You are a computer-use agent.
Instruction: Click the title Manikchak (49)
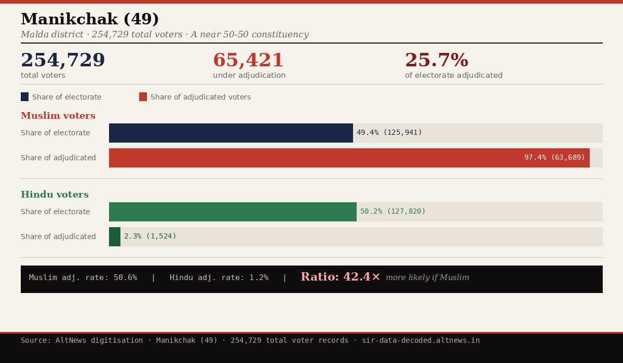[x=90, y=20]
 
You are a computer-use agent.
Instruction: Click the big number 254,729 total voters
[x=63, y=61]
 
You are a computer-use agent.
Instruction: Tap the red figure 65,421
[x=248, y=61]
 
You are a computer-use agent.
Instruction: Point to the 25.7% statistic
[x=436, y=61]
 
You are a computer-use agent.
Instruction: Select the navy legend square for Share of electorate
[x=24, y=97]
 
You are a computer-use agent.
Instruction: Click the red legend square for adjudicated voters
[x=143, y=97]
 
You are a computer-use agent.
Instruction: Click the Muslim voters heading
[x=58, y=116]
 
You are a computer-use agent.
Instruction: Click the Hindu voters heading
[x=55, y=195]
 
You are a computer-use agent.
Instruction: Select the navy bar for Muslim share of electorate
[x=231, y=133]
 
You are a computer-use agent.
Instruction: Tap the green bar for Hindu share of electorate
[x=233, y=212]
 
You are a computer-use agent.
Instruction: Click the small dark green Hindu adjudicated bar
[x=115, y=236]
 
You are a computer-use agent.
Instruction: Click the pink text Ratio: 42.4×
[x=340, y=277]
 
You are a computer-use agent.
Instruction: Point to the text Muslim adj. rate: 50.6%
[x=83, y=278]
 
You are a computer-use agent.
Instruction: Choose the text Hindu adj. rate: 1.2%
[x=219, y=278]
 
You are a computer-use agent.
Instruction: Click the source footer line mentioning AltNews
[x=250, y=341]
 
